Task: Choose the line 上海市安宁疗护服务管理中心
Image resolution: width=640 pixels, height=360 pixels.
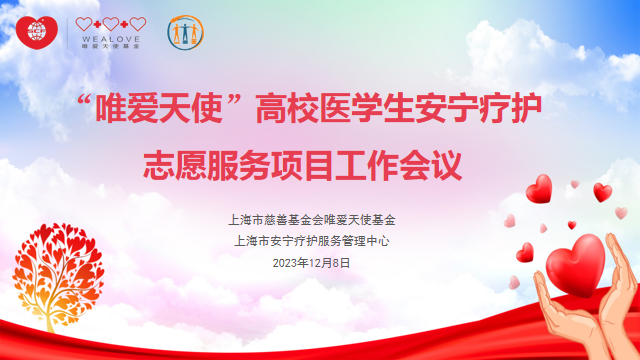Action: tap(319, 240)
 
